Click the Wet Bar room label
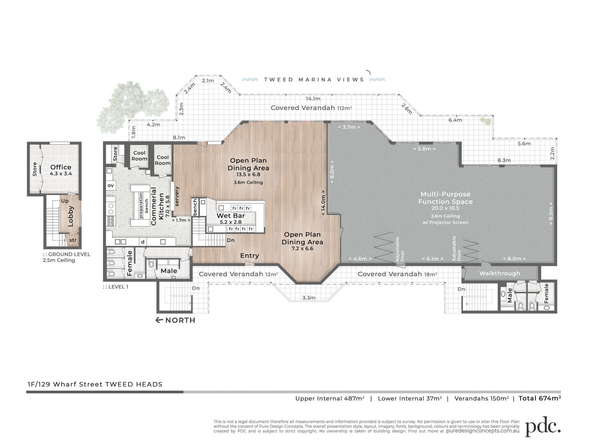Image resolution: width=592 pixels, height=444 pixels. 231,216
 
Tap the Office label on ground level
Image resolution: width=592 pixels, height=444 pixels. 61,167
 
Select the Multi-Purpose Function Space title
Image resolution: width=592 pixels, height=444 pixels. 445,198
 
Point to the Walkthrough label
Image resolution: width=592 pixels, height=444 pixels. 499,273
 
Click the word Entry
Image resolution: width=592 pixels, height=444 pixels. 249,255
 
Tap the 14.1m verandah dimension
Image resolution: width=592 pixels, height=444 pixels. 313,99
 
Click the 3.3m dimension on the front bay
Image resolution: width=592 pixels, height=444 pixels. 309,298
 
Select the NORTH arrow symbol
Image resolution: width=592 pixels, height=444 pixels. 159,320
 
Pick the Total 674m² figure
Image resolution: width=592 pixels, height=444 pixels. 540,398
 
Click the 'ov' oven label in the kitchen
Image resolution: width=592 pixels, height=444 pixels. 111,185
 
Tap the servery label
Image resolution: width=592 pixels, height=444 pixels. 177,196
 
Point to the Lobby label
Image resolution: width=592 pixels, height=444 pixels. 71,216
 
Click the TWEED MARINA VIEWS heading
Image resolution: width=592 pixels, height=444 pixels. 314,80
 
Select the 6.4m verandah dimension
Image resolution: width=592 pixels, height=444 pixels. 455,120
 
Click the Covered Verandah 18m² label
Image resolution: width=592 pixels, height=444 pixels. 397,274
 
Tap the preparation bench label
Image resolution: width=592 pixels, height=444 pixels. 144,205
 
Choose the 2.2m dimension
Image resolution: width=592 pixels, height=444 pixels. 552,153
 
